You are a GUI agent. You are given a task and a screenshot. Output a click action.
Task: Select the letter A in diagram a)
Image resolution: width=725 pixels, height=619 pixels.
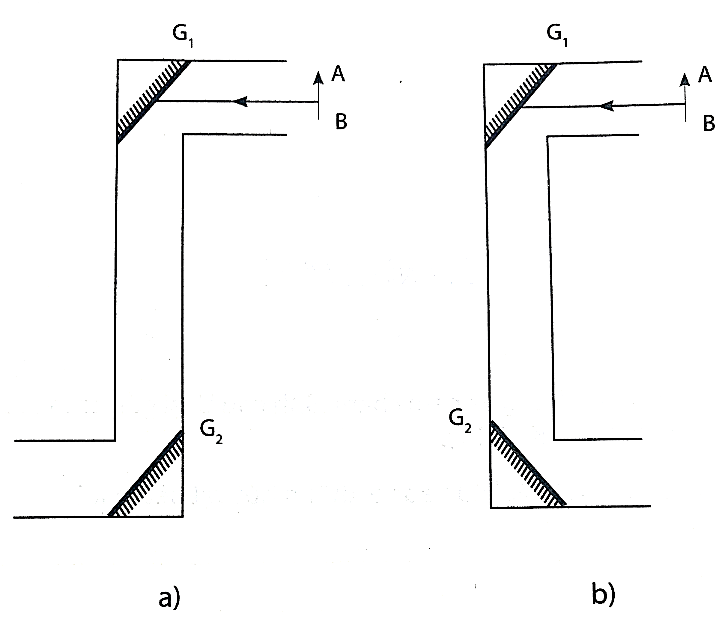(x=338, y=74)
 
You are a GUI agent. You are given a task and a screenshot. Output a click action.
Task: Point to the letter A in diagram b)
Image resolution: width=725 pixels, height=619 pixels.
(x=704, y=75)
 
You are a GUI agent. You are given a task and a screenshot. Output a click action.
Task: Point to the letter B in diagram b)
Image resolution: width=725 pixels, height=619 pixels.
(x=709, y=124)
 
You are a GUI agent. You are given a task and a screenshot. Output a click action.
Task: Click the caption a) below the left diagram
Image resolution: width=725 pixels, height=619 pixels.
(x=169, y=597)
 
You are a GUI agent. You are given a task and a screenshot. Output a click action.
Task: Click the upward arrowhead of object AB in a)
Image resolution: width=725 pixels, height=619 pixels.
(x=318, y=78)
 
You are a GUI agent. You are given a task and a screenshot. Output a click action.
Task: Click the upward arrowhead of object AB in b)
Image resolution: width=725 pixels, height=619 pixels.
(x=685, y=79)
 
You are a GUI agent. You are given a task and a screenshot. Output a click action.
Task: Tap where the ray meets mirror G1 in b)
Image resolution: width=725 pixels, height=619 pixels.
(x=521, y=107)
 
